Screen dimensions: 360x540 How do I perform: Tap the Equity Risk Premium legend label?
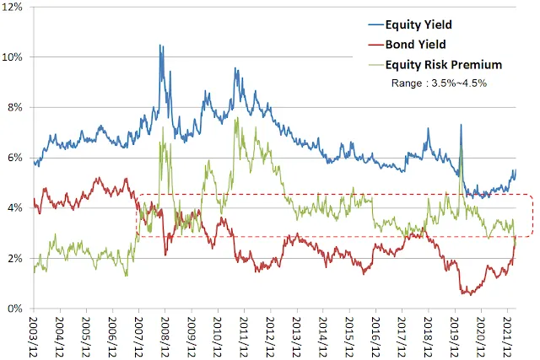click(444, 64)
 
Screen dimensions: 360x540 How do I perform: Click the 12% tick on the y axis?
click(16, 8)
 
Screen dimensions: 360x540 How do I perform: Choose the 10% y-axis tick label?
click(16, 57)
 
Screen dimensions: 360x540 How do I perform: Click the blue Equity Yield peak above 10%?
click(160, 46)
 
